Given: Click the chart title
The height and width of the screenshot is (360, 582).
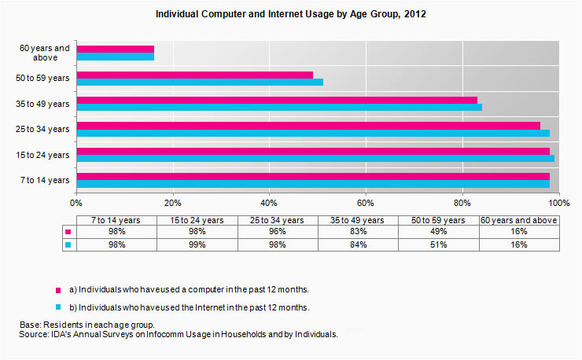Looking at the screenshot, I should point(290,15).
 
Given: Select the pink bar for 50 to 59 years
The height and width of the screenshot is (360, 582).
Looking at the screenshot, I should point(194,75).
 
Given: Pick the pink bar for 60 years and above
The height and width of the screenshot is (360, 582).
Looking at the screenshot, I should point(116,50).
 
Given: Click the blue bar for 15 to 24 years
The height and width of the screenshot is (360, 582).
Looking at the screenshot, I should point(315,158).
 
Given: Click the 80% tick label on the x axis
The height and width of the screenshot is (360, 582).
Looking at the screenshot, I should point(462,200).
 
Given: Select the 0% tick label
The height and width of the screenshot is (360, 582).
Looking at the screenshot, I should point(77,200).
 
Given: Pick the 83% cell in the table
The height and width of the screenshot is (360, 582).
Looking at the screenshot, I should point(358,232).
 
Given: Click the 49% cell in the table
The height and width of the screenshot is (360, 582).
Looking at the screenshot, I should point(438,232).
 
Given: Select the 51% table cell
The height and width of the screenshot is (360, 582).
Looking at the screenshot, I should point(438,244).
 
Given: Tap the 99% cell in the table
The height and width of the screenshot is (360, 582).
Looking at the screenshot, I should point(197,244).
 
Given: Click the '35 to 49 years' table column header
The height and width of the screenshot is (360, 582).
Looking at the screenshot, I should point(358,220).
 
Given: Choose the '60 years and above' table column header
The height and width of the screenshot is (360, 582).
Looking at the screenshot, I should point(518,220).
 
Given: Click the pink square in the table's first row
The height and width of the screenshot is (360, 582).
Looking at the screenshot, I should point(68,233).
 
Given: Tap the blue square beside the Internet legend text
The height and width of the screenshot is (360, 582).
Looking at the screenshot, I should point(57,307).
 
